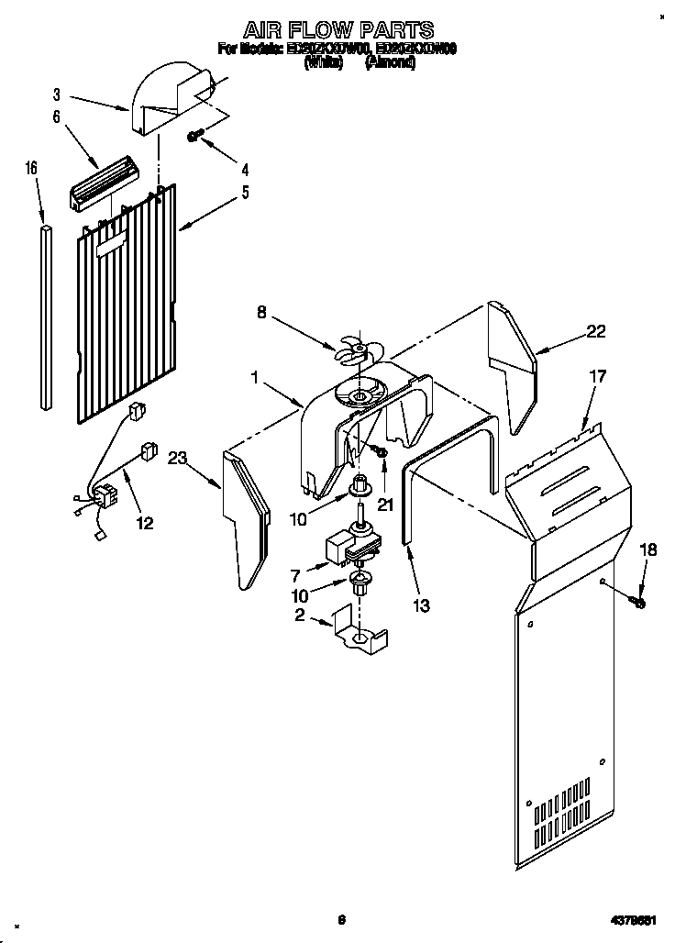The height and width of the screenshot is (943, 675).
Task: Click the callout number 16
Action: coord(31,168)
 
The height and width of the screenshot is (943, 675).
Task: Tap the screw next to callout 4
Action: coord(195,136)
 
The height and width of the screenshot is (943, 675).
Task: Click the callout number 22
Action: coord(596,332)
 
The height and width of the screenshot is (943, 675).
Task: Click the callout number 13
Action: coord(421,605)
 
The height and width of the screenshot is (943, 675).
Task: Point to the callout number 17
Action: coord(597,375)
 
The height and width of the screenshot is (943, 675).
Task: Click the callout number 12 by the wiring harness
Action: coord(144,523)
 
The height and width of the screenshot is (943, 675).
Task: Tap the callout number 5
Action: coord(244,193)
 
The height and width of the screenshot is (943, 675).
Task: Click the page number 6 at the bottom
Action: coord(340,918)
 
